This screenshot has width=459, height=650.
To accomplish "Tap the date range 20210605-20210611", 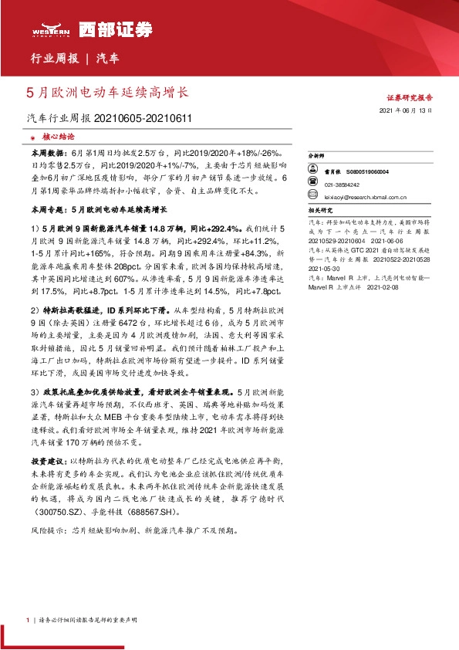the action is pos(143,119).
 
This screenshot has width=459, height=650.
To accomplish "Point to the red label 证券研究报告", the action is pos(409,98).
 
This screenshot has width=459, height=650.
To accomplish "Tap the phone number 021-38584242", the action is pos(341,185).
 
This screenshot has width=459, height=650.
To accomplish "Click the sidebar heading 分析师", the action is pos(317,156).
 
